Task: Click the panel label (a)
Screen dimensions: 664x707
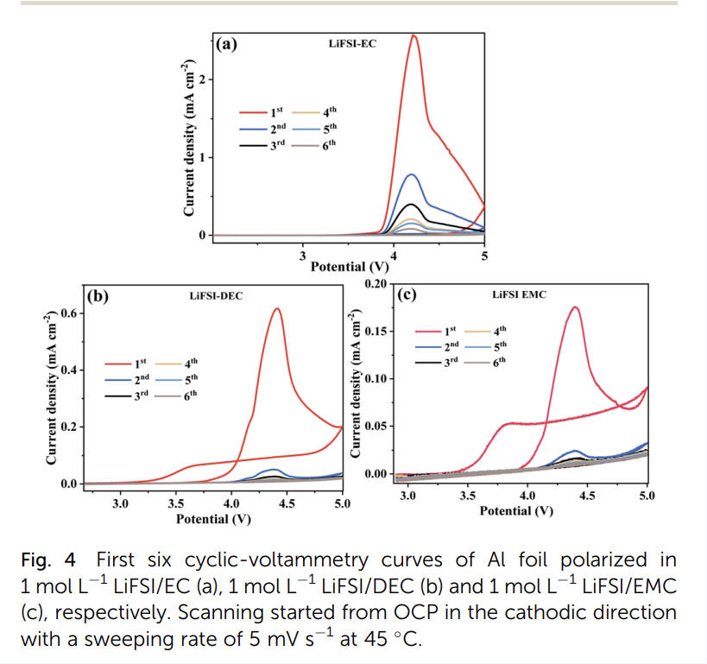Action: click(x=226, y=44)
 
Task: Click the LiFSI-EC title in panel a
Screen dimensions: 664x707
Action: click(x=352, y=42)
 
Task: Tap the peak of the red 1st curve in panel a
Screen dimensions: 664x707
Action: click(x=414, y=35)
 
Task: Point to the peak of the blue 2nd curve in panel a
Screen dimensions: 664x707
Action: click(x=413, y=174)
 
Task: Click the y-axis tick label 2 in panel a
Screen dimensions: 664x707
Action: click(x=202, y=79)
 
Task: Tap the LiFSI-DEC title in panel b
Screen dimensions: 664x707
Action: click(x=216, y=295)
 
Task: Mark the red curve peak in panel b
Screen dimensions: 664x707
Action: click(x=277, y=308)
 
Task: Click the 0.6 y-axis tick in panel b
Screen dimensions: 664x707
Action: click(x=69, y=313)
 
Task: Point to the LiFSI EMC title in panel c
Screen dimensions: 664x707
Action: click(x=520, y=294)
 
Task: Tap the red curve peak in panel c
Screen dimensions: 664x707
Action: click(x=574, y=307)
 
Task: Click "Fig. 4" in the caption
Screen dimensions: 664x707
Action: click(x=46, y=560)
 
